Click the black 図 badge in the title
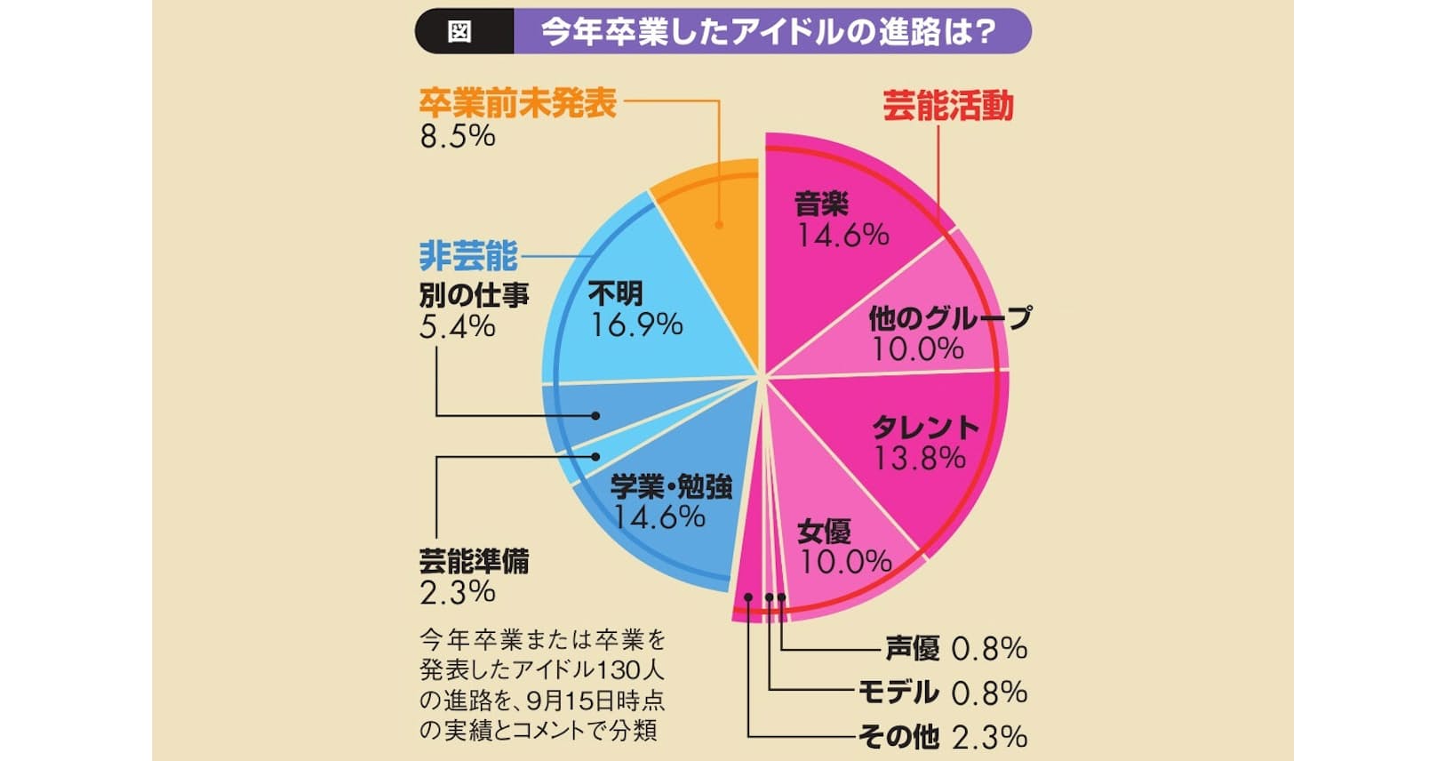[x=459, y=32]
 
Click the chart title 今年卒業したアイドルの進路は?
[x=768, y=32]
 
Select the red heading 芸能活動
[x=947, y=106]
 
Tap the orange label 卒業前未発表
[x=518, y=103]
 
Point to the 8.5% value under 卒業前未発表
[x=458, y=136]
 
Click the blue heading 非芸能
[x=467, y=256]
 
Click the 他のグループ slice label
[x=950, y=317]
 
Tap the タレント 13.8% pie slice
[x=924, y=445]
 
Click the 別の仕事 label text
[x=474, y=294]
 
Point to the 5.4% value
[x=457, y=326]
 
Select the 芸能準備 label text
[x=474, y=561]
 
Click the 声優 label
[x=912, y=648]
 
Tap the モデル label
[x=898, y=692]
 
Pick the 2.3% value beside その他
[x=989, y=736]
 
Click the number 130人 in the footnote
[x=632, y=669]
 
